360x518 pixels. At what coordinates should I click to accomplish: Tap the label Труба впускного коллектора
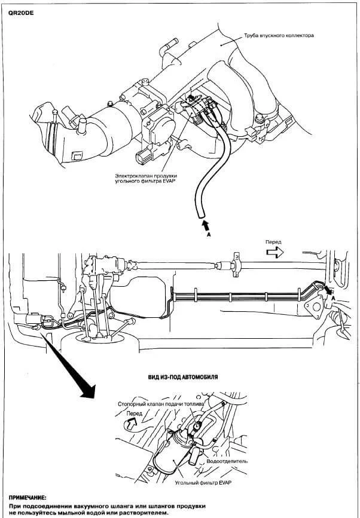pyautogui.click(x=277, y=36)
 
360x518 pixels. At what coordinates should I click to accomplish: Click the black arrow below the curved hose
pyautogui.click(x=206, y=225)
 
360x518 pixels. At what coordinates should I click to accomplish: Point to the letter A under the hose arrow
pyautogui.click(x=209, y=236)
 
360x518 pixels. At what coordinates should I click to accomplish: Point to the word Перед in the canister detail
pyautogui.click(x=135, y=413)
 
